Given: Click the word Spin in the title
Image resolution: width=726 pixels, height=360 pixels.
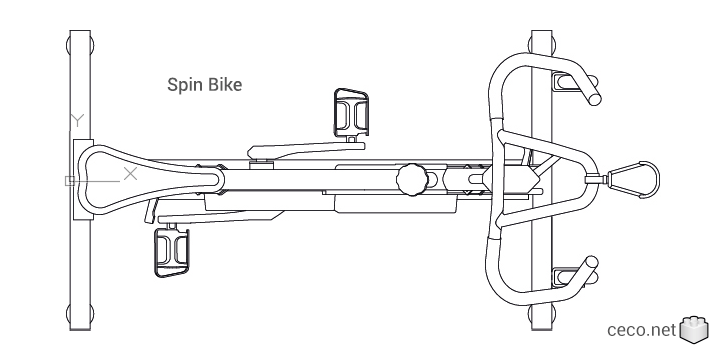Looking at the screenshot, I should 183,85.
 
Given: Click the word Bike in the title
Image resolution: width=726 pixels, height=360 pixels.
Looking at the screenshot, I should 222,85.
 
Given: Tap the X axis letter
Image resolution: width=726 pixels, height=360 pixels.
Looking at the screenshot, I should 129,173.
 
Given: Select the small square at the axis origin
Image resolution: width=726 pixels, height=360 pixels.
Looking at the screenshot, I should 68,181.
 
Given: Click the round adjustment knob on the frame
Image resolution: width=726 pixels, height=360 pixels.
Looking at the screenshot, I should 410,180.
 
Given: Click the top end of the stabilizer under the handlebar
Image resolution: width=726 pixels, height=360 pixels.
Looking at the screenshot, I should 542,43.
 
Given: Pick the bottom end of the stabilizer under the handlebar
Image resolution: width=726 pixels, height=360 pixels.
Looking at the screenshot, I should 542,317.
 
